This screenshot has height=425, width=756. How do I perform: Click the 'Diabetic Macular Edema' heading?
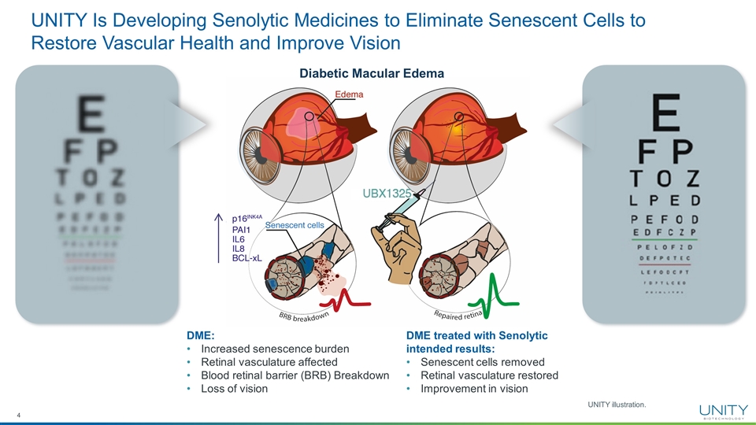pos(371,73)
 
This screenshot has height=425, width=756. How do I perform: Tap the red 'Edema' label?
pos(349,94)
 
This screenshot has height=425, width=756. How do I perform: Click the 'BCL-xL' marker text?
pos(246,257)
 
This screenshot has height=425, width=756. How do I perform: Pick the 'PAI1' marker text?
pos(241,230)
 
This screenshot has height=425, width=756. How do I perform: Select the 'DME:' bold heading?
pos(200,335)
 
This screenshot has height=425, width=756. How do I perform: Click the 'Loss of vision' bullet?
pos(235,388)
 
